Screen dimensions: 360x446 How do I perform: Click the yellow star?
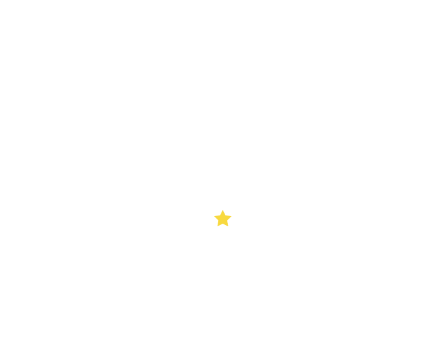point(222,219)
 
